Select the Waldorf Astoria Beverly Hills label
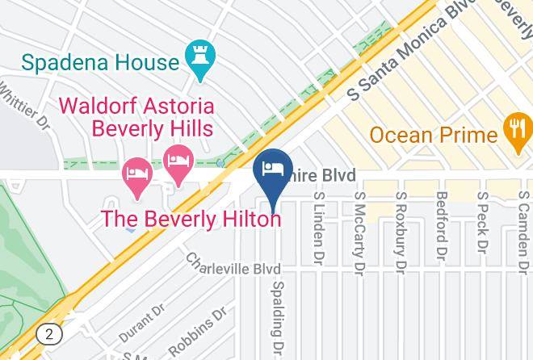[x=136, y=117]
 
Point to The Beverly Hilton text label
[x=191, y=219]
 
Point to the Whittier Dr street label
[x=25, y=108]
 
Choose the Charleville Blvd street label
[x=233, y=265]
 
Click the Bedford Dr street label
[x=441, y=224]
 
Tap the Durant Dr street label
[x=142, y=322]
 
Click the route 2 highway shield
[x=50, y=333]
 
